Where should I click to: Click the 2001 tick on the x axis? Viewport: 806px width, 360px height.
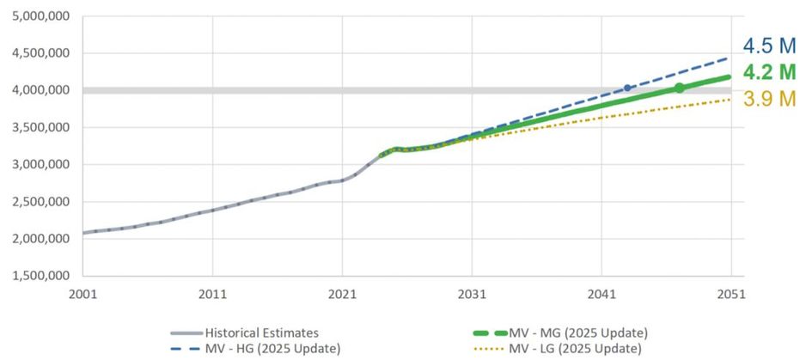(x=82, y=293)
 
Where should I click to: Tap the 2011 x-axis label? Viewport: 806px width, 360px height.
(x=212, y=293)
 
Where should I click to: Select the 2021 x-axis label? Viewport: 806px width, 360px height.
(x=342, y=293)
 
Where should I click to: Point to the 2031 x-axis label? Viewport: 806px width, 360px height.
(x=472, y=293)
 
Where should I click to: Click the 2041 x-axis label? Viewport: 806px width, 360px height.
(x=601, y=293)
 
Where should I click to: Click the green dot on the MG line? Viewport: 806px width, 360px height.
(x=679, y=88)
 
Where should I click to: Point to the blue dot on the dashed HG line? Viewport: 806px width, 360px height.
(x=627, y=88)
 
